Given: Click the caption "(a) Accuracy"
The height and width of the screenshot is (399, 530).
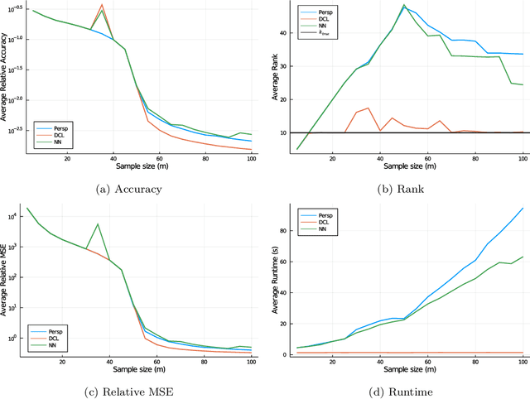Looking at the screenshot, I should [x=132, y=190].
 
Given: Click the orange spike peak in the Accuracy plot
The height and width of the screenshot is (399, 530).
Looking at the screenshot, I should [x=101, y=5].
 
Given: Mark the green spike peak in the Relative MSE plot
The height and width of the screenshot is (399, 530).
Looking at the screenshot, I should [x=98, y=224].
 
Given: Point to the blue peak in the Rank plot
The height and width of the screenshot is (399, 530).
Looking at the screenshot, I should [x=404, y=7].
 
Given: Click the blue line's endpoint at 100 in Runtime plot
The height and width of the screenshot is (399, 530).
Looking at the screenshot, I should [x=523, y=208].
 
